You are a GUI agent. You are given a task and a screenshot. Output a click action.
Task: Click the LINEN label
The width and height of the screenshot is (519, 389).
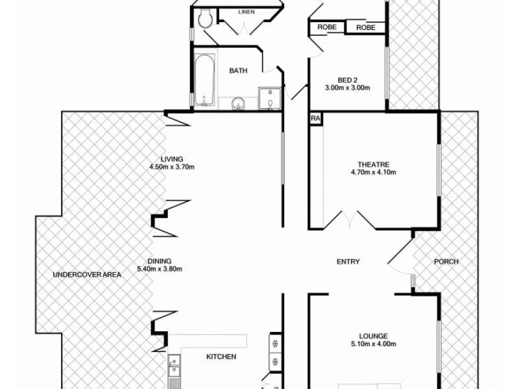[x=245, y=12]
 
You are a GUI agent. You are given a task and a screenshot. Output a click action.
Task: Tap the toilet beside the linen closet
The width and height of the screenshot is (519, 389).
[x=206, y=19]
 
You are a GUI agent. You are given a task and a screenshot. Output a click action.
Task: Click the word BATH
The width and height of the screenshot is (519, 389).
[x=237, y=71]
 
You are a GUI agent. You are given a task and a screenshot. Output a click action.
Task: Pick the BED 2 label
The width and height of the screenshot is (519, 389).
[x=346, y=80]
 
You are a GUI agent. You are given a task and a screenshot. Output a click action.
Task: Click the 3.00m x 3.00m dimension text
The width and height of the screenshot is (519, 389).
[x=346, y=88]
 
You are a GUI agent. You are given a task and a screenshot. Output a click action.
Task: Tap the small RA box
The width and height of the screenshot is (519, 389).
[x=315, y=119]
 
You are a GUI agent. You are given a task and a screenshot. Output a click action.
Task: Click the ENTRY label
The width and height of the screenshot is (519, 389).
[x=348, y=262]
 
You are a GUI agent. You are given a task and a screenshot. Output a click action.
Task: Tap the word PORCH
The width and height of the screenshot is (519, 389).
[x=446, y=262]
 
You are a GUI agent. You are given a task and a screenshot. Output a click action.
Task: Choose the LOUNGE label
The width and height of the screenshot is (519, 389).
[x=372, y=336]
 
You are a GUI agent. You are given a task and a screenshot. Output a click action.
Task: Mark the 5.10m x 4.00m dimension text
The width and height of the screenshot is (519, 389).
[x=372, y=344]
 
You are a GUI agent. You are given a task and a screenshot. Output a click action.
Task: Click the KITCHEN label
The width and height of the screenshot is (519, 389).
[x=221, y=357]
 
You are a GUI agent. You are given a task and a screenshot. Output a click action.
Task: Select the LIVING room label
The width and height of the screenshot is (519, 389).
[x=172, y=159]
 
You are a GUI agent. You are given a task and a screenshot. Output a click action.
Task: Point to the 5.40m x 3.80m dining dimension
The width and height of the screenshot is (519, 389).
[x=160, y=269]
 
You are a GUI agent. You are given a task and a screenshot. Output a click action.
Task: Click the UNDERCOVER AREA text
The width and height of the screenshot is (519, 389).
[x=87, y=275]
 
